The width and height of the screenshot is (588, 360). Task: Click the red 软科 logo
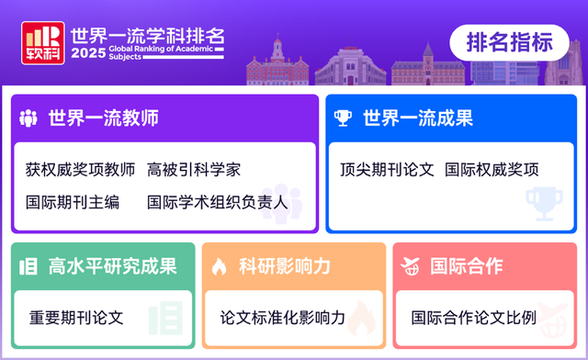coord(42,43)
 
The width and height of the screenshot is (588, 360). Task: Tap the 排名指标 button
coord(510,42)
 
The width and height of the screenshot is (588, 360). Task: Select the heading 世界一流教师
coord(104,118)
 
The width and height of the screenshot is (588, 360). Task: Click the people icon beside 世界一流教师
coord(29,118)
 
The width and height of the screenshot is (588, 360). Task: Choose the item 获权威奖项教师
coord(80,170)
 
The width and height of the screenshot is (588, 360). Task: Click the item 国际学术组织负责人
coord(218,202)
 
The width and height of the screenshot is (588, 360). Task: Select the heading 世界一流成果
coord(418,118)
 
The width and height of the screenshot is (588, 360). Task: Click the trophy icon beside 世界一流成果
coord(344,118)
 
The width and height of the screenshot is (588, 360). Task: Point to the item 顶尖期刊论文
coord(386,170)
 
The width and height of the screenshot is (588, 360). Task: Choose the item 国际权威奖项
coord(492,170)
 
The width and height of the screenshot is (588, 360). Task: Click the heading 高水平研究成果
coord(112,266)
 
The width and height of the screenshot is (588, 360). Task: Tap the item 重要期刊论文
coord(76,318)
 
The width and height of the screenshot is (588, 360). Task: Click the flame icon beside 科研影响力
coord(220,267)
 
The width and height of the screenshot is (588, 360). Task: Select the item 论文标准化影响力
coord(282,318)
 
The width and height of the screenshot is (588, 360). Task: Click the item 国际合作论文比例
coord(473,318)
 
